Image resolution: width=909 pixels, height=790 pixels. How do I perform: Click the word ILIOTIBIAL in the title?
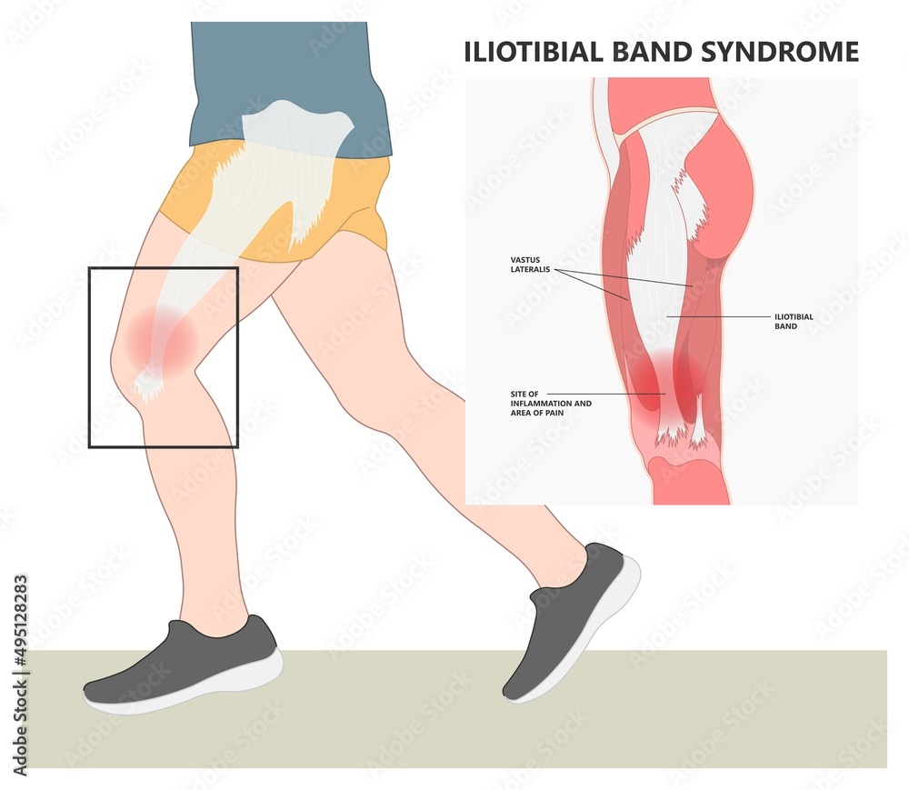(x=527, y=52)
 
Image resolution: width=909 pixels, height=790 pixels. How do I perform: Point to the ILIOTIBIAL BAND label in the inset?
(x=794, y=321)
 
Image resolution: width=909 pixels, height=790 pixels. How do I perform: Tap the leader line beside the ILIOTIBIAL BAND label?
(x=718, y=316)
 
